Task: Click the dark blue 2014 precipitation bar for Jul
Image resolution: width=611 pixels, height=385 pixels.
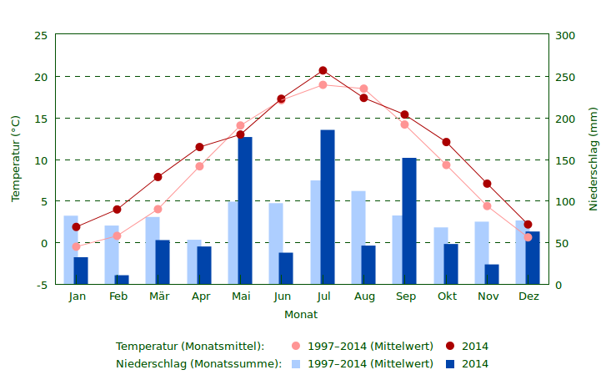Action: [x=328, y=207]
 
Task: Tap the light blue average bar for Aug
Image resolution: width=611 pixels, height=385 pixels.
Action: [x=358, y=238]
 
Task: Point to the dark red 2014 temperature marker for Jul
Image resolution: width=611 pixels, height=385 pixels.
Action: [x=323, y=71]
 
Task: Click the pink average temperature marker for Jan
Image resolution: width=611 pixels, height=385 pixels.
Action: [x=77, y=247]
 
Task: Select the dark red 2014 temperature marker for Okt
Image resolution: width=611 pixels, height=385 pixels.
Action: [x=446, y=143]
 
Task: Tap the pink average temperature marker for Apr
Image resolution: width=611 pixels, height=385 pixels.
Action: [x=199, y=166]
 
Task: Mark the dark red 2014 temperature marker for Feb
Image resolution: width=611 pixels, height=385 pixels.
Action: [x=118, y=210]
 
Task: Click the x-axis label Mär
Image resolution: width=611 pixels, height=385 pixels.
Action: [x=158, y=296]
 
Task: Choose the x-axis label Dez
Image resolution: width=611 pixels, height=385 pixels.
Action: [x=528, y=296]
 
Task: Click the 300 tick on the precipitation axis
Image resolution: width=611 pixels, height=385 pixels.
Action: [x=565, y=35]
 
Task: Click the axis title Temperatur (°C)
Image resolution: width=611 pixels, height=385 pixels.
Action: [x=15, y=159]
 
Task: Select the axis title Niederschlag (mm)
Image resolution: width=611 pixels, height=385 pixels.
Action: [x=593, y=159]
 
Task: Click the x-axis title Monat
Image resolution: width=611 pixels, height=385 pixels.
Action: [x=301, y=315]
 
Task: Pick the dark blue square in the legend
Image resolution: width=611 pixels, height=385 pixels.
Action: [x=450, y=364]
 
